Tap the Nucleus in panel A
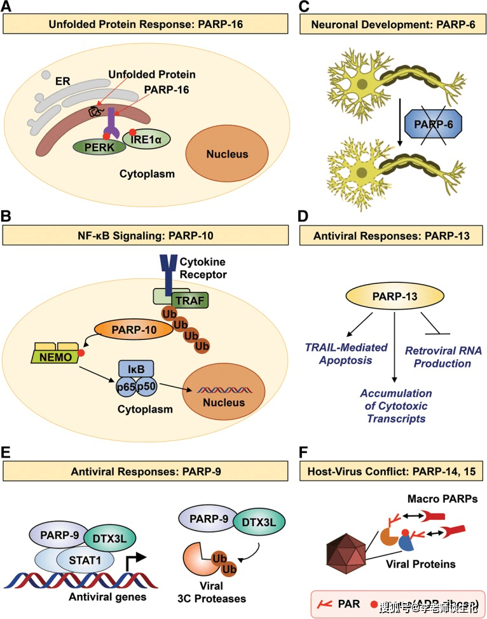tap(226, 154)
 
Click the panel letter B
tap(8, 216)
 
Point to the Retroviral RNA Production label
tap(438, 357)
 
